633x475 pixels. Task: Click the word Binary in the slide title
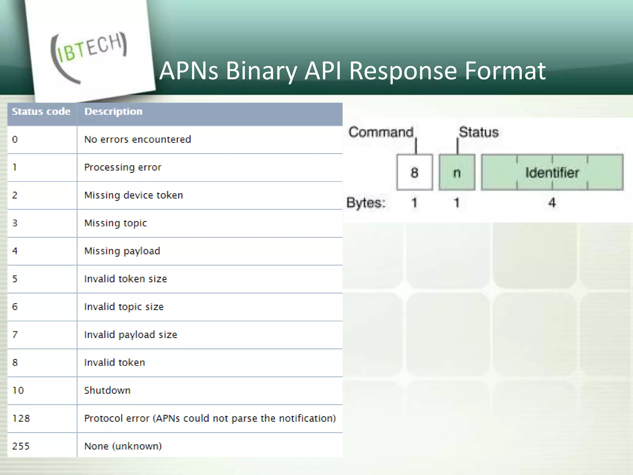261,71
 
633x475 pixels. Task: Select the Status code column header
41,112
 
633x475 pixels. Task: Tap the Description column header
113,112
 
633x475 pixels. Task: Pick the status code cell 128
21,418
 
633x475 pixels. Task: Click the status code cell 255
21,446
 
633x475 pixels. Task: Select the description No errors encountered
138,139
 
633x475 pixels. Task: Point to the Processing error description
123,167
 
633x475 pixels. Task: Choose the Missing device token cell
134,195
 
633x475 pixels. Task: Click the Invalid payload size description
131,335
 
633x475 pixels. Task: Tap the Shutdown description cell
107,390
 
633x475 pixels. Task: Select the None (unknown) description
123,446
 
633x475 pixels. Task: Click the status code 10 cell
18,390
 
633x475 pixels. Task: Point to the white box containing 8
414,172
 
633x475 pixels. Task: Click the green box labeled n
457,172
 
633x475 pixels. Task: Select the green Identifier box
552,172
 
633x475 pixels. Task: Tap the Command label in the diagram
381,132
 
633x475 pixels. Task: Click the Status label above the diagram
478,132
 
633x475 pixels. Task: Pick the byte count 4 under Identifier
552,203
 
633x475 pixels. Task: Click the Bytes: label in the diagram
366,203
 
